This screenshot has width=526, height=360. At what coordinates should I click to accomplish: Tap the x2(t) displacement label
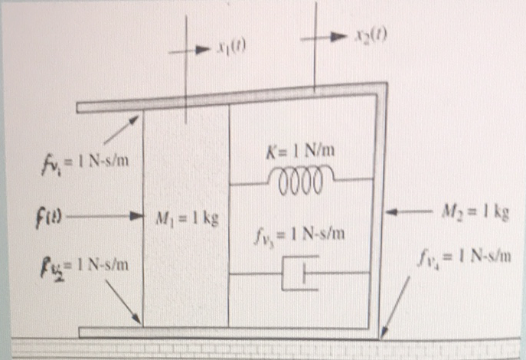click(371, 35)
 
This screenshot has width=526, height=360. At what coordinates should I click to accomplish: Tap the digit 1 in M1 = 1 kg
click(197, 218)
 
